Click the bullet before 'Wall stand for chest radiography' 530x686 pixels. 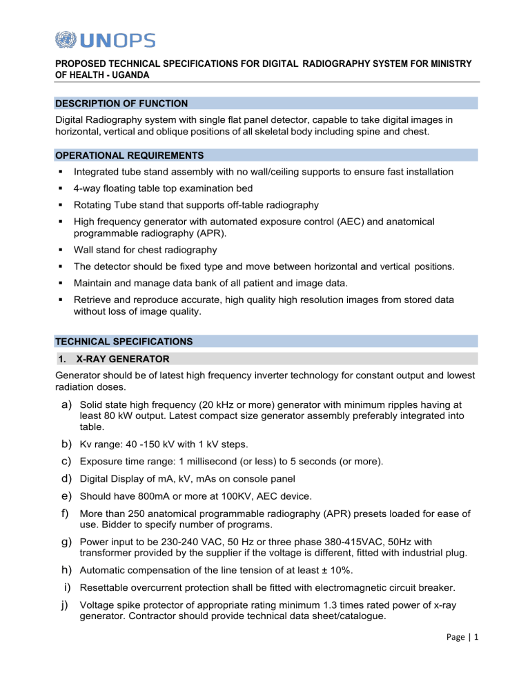[61, 250]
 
